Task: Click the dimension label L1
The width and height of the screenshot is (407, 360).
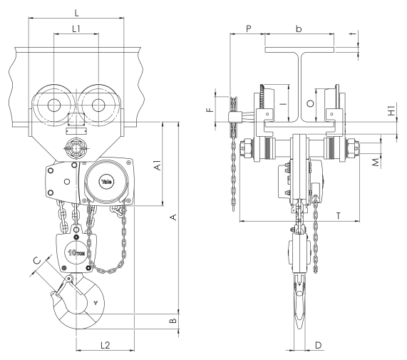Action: click(76, 29)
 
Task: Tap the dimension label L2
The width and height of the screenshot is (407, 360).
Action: click(105, 345)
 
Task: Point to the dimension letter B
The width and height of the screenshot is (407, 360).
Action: click(173, 321)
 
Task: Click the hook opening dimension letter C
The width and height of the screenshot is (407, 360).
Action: click(38, 260)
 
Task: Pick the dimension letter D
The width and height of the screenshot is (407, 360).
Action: click(318, 345)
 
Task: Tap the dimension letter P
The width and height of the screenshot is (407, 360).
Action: click(248, 29)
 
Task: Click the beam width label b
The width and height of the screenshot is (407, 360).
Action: click(299, 29)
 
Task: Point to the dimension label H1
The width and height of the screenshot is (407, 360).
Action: click(391, 110)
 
